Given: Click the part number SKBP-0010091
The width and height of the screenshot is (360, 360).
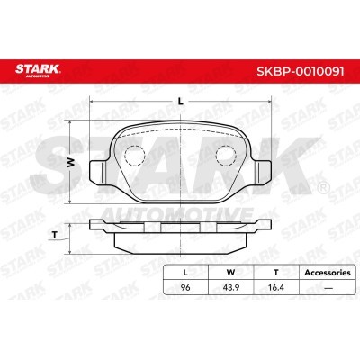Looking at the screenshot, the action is tap(301, 71).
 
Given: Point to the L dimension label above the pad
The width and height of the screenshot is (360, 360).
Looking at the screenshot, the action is tap(180, 102).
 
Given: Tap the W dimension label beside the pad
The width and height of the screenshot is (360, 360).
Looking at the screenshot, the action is tap(70, 163).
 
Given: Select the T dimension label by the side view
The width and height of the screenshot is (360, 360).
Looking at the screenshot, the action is tap(54, 236).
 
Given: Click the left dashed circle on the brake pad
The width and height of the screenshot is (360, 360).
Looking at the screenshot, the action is tap(135, 156).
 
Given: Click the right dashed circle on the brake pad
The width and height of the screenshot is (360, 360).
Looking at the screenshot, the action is tap(226, 156).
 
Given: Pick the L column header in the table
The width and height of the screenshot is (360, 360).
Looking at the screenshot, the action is tap(185, 273).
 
